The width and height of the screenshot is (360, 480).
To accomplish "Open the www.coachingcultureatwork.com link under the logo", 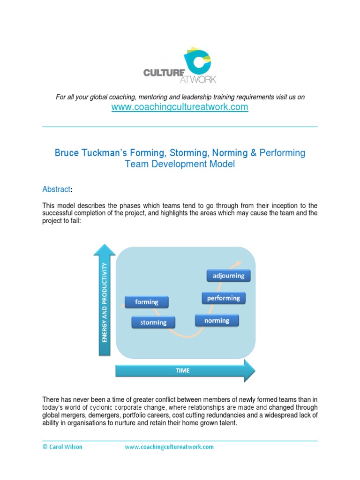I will (x=180, y=107).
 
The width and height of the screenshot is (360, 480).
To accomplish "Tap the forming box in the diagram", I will (x=147, y=302).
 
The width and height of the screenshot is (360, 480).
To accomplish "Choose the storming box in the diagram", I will (x=153, y=322).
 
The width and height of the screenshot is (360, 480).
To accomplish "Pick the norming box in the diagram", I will (x=217, y=321).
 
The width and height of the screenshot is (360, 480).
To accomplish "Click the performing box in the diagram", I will (x=223, y=298).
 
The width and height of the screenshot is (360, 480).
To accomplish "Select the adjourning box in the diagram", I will (x=228, y=276).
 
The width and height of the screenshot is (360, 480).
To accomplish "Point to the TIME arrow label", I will (x=182, y=370).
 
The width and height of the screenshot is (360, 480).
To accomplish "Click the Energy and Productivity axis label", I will (x=105, y=302).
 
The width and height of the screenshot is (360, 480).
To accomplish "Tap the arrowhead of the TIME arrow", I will (x=249, y=370).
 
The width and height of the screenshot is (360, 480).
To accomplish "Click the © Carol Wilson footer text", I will (x=62, y=447).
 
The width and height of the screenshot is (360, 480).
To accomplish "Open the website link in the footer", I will (x=169, y=447).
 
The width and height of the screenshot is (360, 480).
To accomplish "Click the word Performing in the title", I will (x=282, y=153).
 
